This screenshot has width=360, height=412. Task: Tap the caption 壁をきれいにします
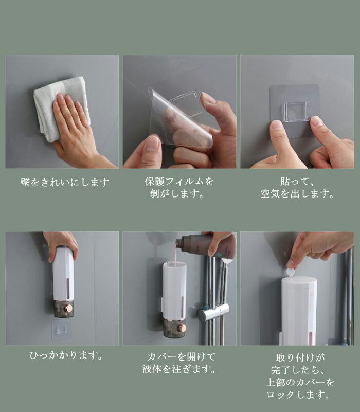click(65, 183)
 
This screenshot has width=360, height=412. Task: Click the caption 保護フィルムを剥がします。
click(179, 187)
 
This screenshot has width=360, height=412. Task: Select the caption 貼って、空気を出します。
click(297, 188)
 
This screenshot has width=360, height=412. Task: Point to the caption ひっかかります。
click(66, 355)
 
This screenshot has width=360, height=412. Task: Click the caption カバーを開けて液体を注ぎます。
click(179, 363)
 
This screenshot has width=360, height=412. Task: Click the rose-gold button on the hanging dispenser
click(69, 308)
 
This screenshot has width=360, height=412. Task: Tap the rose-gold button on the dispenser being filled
click(182, 328)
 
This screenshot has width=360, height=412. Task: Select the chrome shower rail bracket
click(213, 311)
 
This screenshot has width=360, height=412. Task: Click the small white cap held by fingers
click(291, 272)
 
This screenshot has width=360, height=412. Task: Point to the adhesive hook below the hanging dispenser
click(62, 330)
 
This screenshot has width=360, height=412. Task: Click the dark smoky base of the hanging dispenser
click(64, 309)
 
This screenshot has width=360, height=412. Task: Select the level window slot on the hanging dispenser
click(68, 289)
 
